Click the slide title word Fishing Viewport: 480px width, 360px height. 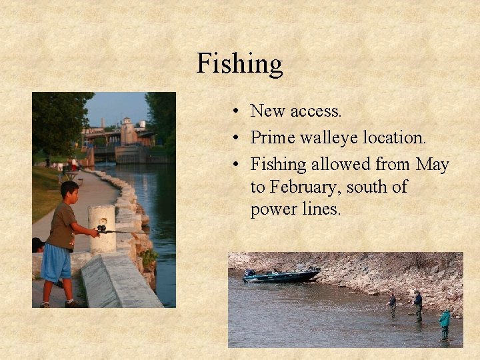239,64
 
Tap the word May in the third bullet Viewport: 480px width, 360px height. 433,164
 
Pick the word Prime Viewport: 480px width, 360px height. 272,137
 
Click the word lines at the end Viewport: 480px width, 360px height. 321,209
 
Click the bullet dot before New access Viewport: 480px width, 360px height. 237,111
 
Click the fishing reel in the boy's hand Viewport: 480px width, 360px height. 101,229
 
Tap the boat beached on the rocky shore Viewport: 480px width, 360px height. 283,275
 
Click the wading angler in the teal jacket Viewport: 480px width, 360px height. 444,323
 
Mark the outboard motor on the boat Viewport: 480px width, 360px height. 249,273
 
